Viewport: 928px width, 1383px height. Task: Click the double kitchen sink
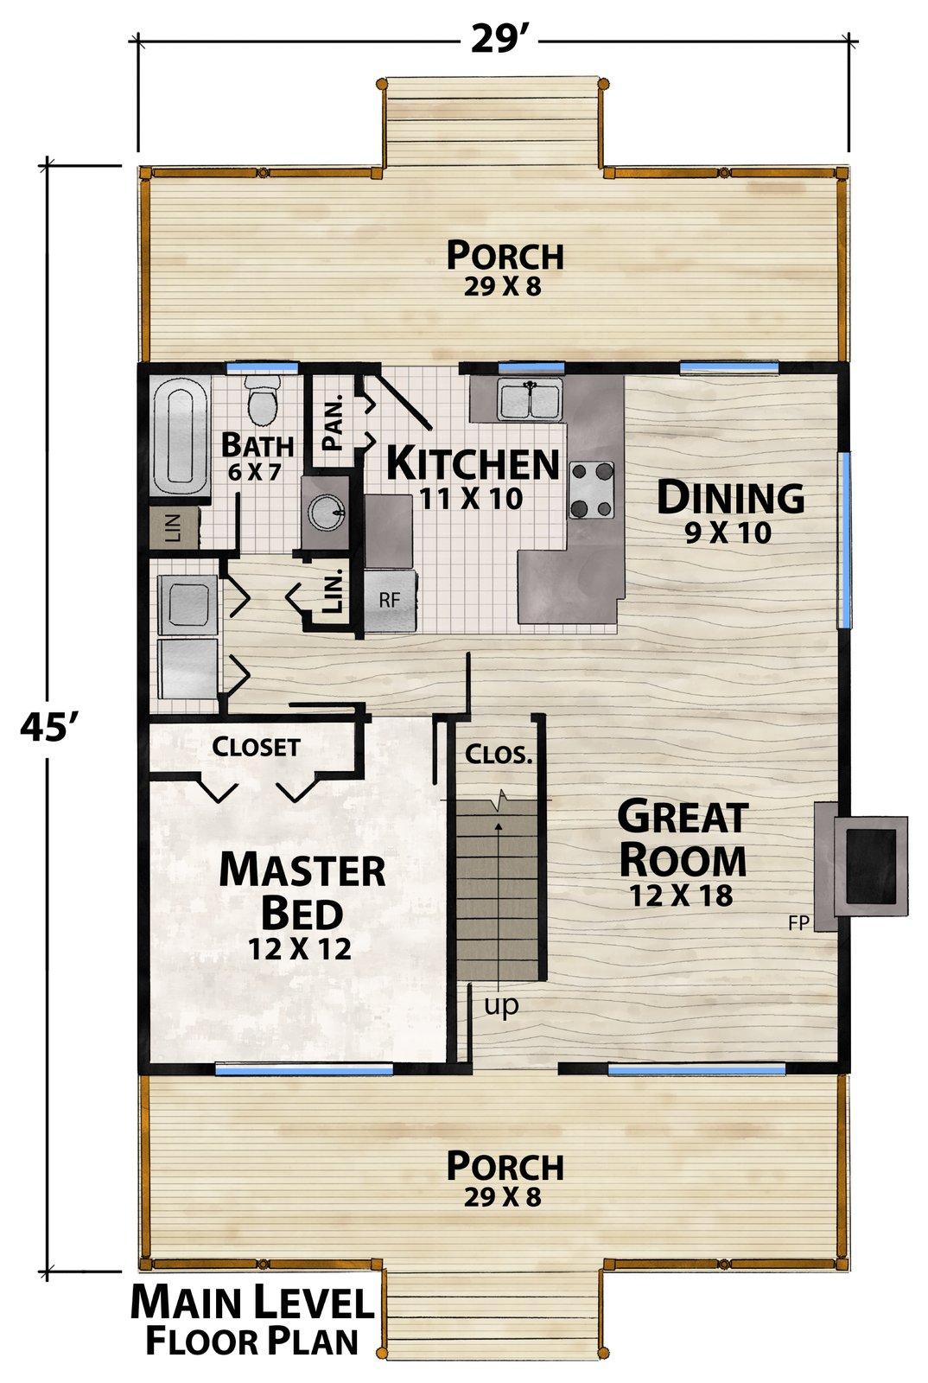(x=530, y=398)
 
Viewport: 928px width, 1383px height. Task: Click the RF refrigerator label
(x=390, y=599)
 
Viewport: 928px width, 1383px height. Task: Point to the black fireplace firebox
(x=870, y=865)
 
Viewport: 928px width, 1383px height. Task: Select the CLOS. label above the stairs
(x=499, y=754)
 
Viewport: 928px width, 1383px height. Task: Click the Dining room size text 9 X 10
(x=728, y=532)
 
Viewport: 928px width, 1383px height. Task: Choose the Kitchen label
(x=473, y=463)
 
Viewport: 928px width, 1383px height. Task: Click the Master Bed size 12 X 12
(x=300, y=948)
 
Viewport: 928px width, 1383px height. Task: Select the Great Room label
(x=683, y=838)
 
